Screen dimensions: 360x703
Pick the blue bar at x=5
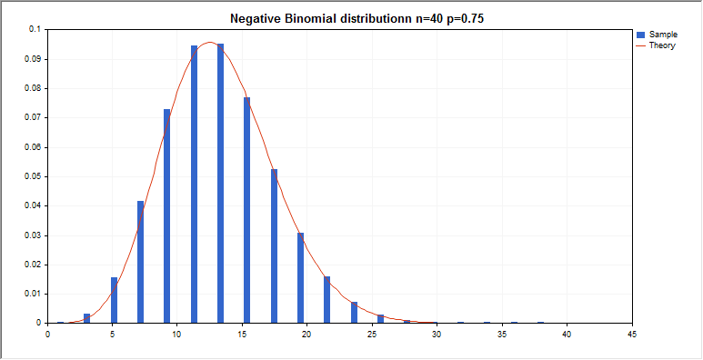(x=114, y=300)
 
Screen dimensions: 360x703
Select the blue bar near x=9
(x=167, y=215)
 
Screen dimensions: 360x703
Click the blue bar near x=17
(x=274, y=245)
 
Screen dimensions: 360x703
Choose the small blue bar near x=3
(x=87, y=318)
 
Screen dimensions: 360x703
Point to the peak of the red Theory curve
(x=209, y=42)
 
